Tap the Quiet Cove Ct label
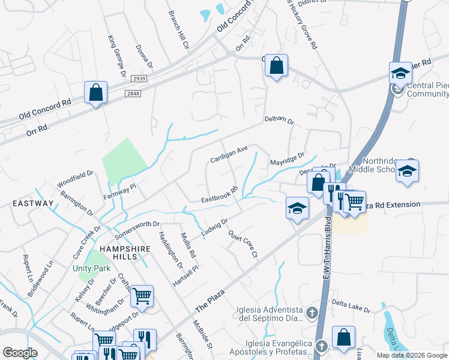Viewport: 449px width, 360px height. (243, 245)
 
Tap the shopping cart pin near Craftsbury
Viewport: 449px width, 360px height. (142, 295)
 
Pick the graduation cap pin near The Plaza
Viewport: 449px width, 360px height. (297, 208)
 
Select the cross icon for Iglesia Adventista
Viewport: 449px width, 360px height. (312, 313)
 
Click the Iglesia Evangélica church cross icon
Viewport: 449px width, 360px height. (321, 346)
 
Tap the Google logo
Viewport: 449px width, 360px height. (20, 353)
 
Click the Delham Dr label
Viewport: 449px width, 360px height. (279, 121)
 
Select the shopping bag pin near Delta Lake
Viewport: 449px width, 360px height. (343, 337)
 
